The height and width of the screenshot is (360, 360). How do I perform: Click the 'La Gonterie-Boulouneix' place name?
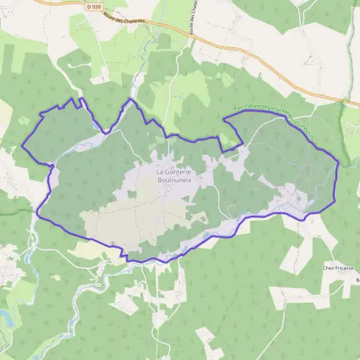pyautogui.click(x=173, y=174)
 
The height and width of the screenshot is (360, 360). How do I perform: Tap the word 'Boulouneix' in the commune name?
pyautogui.click(x=173, y=178)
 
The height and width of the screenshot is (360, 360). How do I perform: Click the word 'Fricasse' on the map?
pyautogui.click(x=346, y=268)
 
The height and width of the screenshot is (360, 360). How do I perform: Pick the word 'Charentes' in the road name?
pyautogui.click(x=133, y=21)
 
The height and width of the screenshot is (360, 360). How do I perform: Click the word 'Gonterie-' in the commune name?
pyautogui.click(x=179, y=170)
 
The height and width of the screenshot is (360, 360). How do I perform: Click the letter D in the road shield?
pyautogui.click(x=89, y=6)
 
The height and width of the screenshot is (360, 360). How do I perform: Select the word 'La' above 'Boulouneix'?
pyautogui.click(x=160, y=170)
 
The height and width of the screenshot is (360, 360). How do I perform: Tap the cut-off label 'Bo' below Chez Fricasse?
pyautogui.click(x=357, y=280)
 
